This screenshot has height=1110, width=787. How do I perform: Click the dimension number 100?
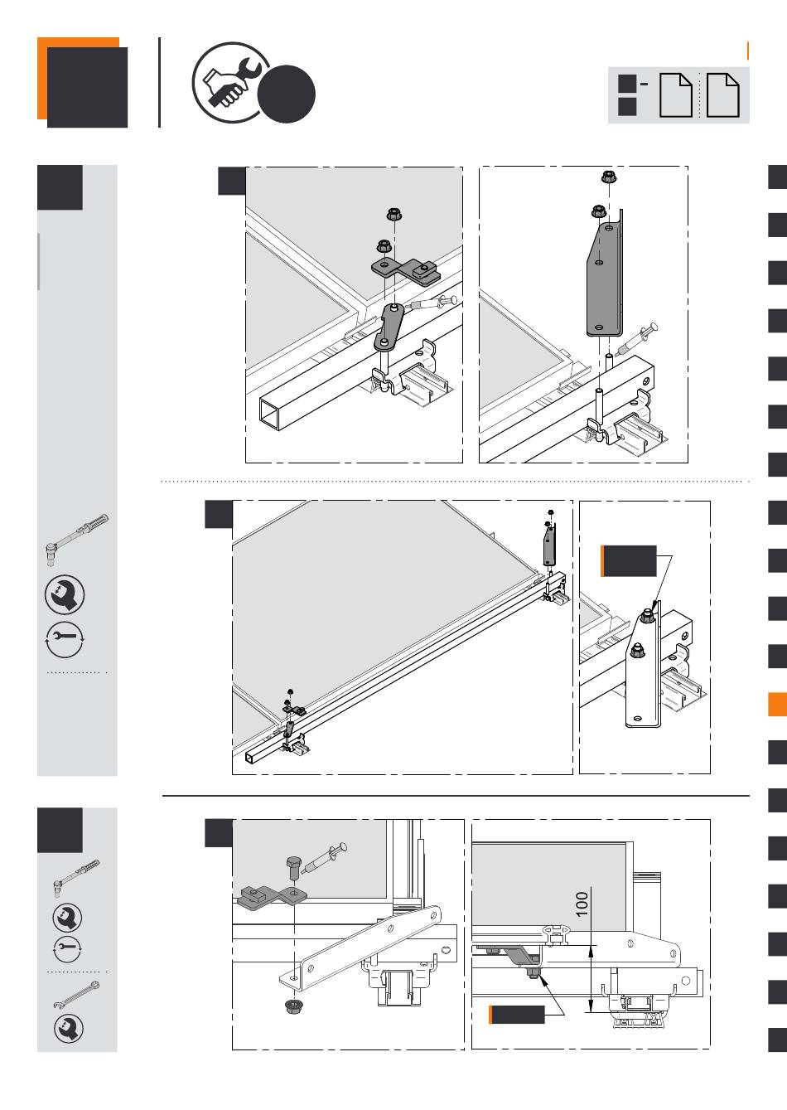coord(582,904)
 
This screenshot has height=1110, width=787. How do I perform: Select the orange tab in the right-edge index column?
coord(777,704)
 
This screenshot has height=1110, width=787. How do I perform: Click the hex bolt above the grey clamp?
coord(294,867)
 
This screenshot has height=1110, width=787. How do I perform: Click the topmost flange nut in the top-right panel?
coord(609,177)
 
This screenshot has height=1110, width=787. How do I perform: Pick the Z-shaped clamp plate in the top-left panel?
coord(406,272)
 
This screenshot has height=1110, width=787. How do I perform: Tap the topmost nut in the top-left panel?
coord(394,214)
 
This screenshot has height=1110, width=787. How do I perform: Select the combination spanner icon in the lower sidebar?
coord(77,995)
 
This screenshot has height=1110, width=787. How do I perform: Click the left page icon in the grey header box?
coord(675,95)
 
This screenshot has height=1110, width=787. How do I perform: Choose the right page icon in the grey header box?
coord(722,95)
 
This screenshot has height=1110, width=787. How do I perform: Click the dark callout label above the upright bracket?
coord(629,561)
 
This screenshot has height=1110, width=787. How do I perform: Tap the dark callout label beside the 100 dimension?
coord(517,1015)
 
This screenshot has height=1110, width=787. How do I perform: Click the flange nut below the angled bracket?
coord(294,1006)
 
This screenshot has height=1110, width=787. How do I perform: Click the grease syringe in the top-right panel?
coord(636,339)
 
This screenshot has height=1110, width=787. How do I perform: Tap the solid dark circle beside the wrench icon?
coord(287,94)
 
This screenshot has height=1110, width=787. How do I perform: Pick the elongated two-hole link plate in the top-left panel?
coord(389,327)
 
